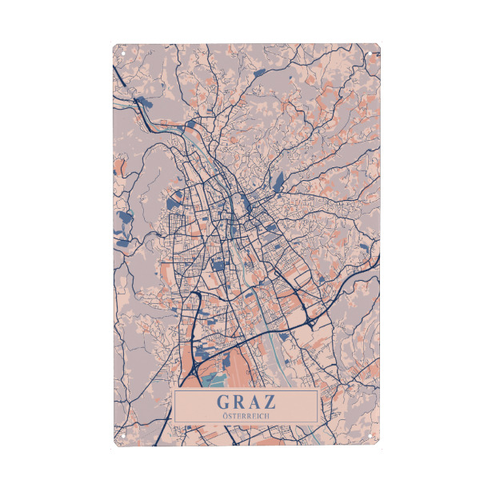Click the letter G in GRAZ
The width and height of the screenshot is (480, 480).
223,401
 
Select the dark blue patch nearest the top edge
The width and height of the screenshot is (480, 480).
262,73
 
